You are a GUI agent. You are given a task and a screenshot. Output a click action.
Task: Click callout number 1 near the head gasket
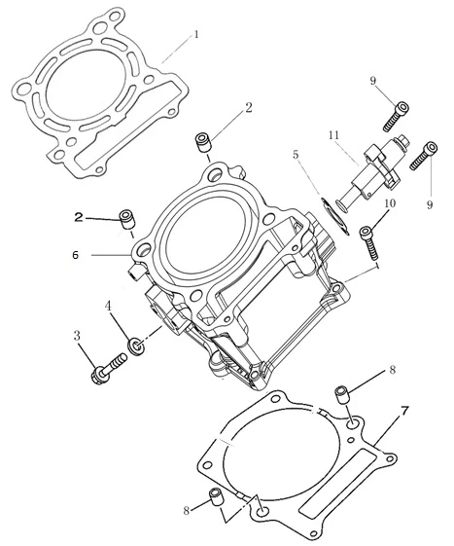tap(196, 34)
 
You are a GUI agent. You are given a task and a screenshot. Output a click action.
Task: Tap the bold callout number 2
tap(79, 218)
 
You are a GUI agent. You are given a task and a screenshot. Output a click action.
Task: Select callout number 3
tap(77, 336)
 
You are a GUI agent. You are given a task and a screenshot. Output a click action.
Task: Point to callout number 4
tap(108, 306)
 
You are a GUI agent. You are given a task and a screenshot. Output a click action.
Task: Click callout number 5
tap(296, 154)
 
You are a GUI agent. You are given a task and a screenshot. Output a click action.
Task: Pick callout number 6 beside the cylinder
tap(76, 255)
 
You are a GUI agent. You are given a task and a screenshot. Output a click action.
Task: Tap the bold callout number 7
tap(403, 412)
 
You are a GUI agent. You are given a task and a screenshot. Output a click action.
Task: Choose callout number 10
tap(390, 203)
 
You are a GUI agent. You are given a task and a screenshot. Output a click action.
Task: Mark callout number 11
tap(333, 135)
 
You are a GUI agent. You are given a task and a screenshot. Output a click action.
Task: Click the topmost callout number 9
tap(373, 81)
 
